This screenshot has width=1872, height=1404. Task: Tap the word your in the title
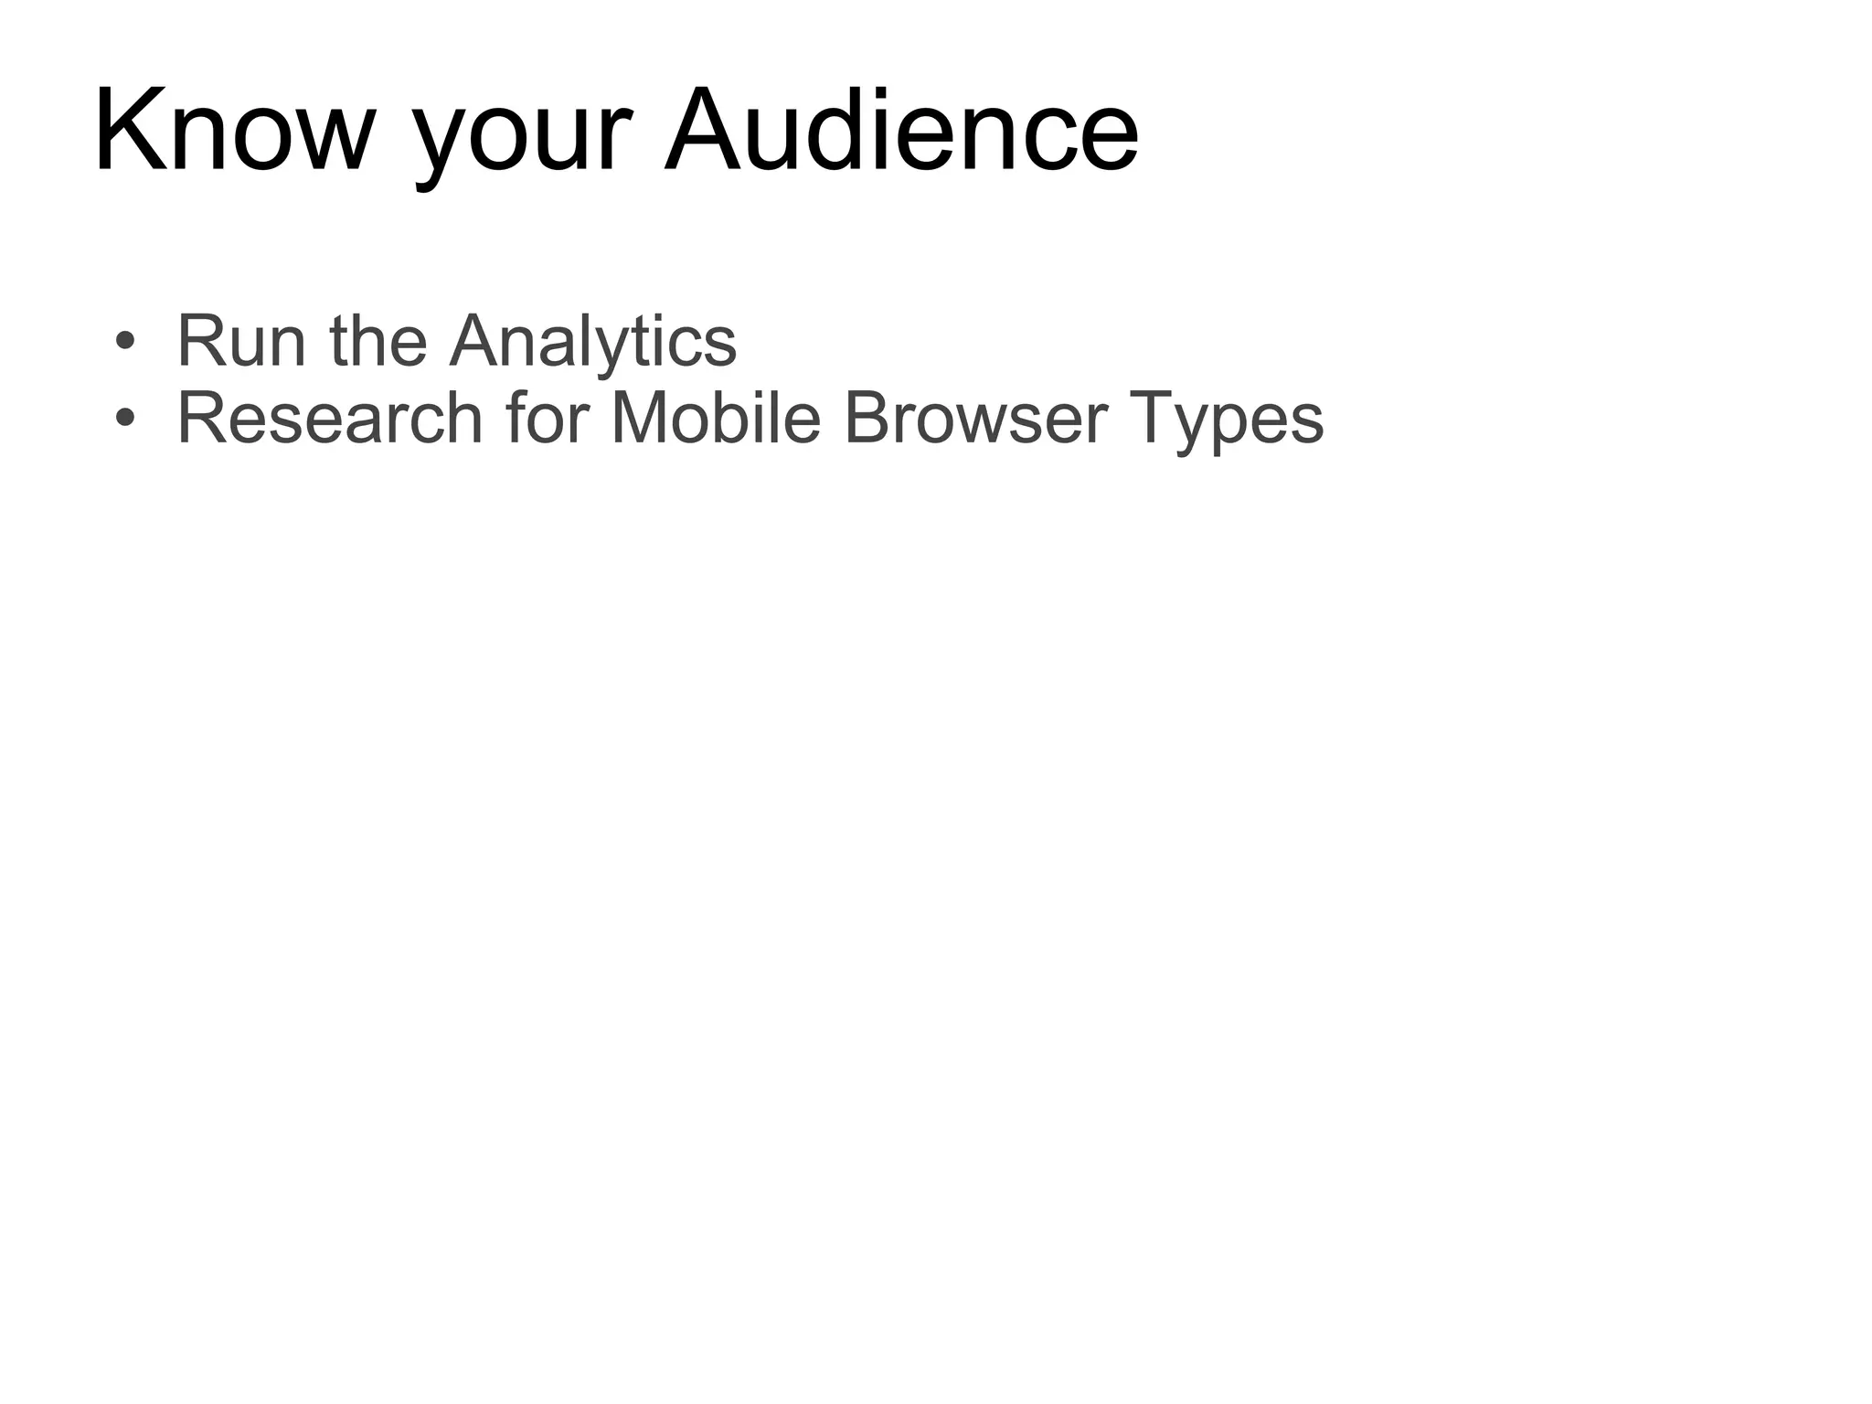[522, 137]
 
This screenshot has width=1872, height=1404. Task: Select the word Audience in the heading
[901, 131]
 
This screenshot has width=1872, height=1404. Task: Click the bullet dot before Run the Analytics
[125, 342]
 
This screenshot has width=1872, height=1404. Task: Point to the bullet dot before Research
[125, 419]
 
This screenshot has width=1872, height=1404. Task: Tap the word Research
[329, 419]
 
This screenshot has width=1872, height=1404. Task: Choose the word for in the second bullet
[547, 419]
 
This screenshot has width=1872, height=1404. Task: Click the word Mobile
[716, 419]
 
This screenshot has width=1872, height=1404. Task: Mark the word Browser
[976, 419]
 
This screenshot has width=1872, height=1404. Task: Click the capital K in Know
[125, 131]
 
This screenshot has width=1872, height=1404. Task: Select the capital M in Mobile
[641, 419]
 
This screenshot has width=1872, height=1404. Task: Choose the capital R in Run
[200, 341]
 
